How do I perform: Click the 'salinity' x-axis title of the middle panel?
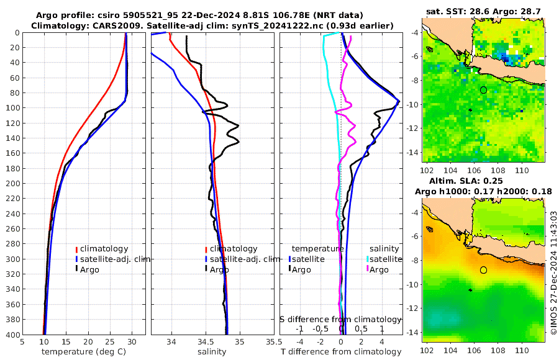212,352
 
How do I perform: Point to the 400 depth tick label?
11,334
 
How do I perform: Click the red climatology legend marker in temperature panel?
76,249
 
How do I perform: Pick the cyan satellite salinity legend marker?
368,259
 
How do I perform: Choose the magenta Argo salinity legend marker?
368,269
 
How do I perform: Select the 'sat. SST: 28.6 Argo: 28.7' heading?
484,12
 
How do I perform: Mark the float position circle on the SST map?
483,90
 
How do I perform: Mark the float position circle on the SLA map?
483,270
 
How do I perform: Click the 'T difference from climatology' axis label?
341,352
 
